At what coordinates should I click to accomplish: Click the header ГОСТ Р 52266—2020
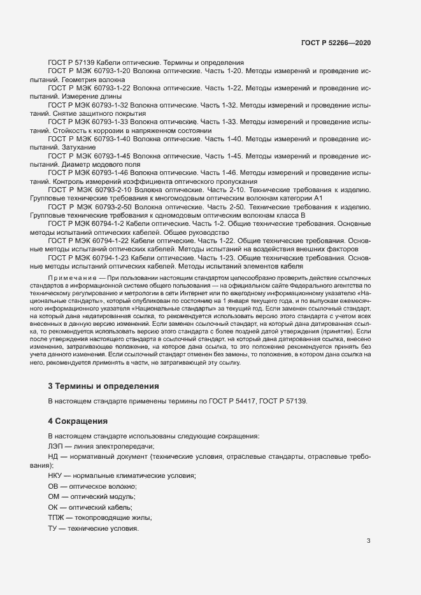pos(336,43)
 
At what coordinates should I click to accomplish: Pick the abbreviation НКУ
pos(57,477)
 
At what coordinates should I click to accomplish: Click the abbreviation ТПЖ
pos(57,518)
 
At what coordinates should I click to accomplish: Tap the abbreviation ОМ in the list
pos(55,497)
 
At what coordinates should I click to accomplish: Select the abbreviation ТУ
pos(54,529)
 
